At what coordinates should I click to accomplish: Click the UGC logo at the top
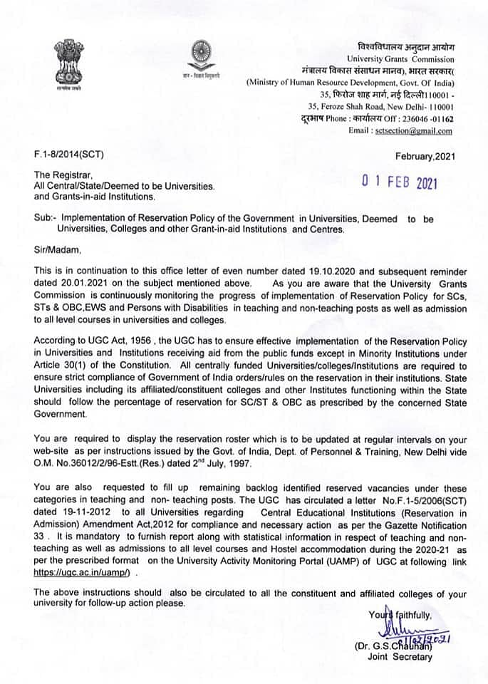[x=197, y=56]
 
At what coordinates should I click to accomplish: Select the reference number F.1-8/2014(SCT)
[x=69, y=155]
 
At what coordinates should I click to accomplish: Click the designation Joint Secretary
[x=400, y=657]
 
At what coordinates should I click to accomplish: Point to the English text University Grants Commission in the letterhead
[x=400, y=58]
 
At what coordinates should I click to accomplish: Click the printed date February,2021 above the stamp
[x=424, y=155]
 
